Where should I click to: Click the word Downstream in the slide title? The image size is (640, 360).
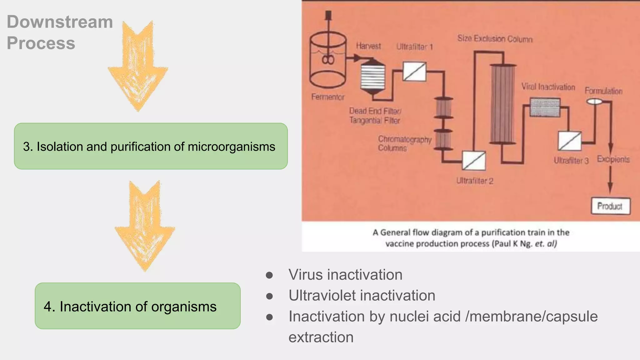tap(60, 22)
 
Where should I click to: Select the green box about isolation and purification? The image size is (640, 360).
tap(151, 146)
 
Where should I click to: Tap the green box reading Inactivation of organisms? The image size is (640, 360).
tap(137, 306)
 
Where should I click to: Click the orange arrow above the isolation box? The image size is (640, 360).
tap(138, 66)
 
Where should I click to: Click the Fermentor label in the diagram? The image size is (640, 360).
tap(327, 97)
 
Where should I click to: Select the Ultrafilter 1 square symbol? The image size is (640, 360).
tap(414, 72)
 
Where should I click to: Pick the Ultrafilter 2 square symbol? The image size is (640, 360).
tap(474, 161)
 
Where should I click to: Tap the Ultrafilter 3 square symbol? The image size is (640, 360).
tap(569, 141)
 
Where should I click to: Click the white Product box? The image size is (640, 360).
tap(610, 206)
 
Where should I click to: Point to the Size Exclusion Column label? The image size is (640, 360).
tap(495, 39)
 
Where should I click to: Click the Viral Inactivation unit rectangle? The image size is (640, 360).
tap(545, 107)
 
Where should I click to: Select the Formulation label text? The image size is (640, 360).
tap(603, 91)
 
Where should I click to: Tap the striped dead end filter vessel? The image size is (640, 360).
tap(372, 76)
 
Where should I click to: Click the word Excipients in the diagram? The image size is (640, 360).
tap(613, 159)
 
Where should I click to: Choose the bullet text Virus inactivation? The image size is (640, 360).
tap(345, 275)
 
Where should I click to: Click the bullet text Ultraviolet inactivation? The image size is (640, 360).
tap(362, 296)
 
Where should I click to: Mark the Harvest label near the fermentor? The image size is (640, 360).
tap(368, 46)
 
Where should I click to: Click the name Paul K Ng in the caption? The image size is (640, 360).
tap(512, 244)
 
